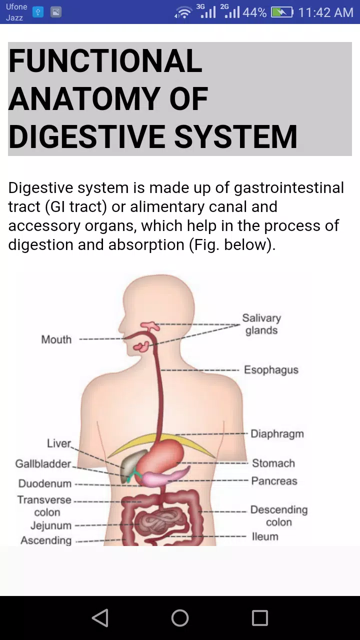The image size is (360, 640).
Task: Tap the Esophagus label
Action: [271, 369]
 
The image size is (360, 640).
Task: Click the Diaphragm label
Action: [277, 433]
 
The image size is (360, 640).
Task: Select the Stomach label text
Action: [273, 463]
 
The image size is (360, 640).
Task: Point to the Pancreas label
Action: [274, 481]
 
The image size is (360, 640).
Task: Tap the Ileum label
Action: [265, 536]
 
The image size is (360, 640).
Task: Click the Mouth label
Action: [56, 339]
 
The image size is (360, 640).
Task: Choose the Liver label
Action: [59, 443]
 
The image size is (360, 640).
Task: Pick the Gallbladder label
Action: [43, 463]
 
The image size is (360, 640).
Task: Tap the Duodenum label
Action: [45, 483]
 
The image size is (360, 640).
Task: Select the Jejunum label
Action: [51, 525]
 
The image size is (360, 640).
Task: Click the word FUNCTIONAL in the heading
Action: [105, 60]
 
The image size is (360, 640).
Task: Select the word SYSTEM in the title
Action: [235, 136]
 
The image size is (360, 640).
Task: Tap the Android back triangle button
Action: [100, 618]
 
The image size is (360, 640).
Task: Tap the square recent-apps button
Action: [260, 618]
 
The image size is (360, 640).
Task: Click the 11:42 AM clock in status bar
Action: [325, 12]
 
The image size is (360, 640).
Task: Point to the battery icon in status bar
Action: [281, 12]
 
